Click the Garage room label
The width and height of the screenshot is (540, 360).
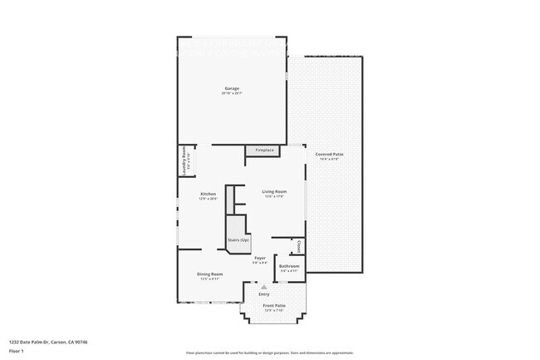click(232, 88)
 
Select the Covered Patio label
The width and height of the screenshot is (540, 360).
click(328, 154)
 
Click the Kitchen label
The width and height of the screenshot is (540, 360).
click(208, 194)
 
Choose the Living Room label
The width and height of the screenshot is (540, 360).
click(274, 192)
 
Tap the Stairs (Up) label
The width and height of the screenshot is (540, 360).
click(238, 239)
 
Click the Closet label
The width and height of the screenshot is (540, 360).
click(298, 247)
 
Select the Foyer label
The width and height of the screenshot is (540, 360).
click(260, 258)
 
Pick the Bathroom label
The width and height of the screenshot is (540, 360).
click(289, 266)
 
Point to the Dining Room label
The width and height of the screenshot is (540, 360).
click(209, 274)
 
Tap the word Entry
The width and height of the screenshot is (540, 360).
click(264, 294)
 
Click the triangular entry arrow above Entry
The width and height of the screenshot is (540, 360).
click(264, 287)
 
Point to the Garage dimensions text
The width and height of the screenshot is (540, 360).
click(232, 93)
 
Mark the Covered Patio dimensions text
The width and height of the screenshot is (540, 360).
click(328, 159)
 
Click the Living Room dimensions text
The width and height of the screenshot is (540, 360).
click(274, 197)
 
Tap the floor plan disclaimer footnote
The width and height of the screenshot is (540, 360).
click(270, 353)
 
